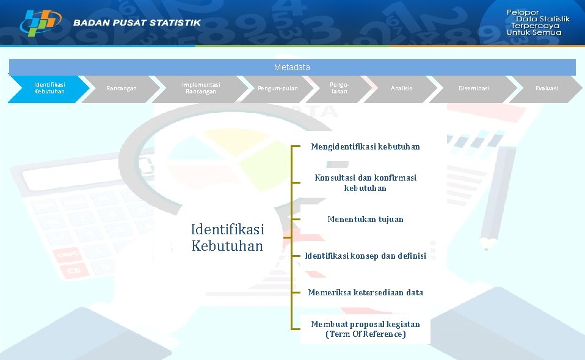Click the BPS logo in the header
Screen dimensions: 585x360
coord(40,23)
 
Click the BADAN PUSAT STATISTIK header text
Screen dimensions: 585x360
coord(137,23)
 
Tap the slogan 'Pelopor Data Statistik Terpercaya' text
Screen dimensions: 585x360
coord(537,23)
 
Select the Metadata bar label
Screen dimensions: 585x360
coord(292,67)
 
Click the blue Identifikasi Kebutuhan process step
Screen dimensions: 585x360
coord(49,88)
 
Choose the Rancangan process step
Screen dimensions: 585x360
coord(122,88)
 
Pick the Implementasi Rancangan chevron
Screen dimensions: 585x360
coord(201,88)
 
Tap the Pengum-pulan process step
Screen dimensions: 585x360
coord(278,88)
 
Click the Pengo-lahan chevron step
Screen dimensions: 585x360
coord(339,88)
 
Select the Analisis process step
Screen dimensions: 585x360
coord(401,88)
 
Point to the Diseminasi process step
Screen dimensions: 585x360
coord(474,88)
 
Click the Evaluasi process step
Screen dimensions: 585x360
coord(547,88)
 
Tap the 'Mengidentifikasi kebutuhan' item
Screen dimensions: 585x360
coord(365,147)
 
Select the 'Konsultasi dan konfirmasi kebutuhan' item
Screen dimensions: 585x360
coord(365,183)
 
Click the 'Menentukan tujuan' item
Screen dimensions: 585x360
coord(365,219)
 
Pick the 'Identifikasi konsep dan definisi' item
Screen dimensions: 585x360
coord(365,256)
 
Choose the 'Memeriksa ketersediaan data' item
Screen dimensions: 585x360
coord(365,292)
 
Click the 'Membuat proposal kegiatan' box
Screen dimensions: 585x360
coord(365,329)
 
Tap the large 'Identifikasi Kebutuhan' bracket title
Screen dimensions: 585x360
coord(227,238)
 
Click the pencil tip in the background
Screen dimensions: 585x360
coord(489,245)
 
